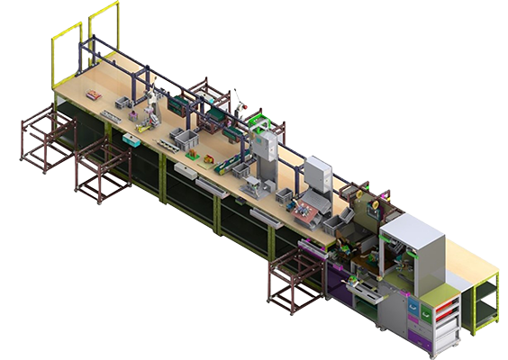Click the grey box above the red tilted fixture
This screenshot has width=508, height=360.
point(318,173)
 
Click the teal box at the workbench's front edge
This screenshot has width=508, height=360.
point(132,141)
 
